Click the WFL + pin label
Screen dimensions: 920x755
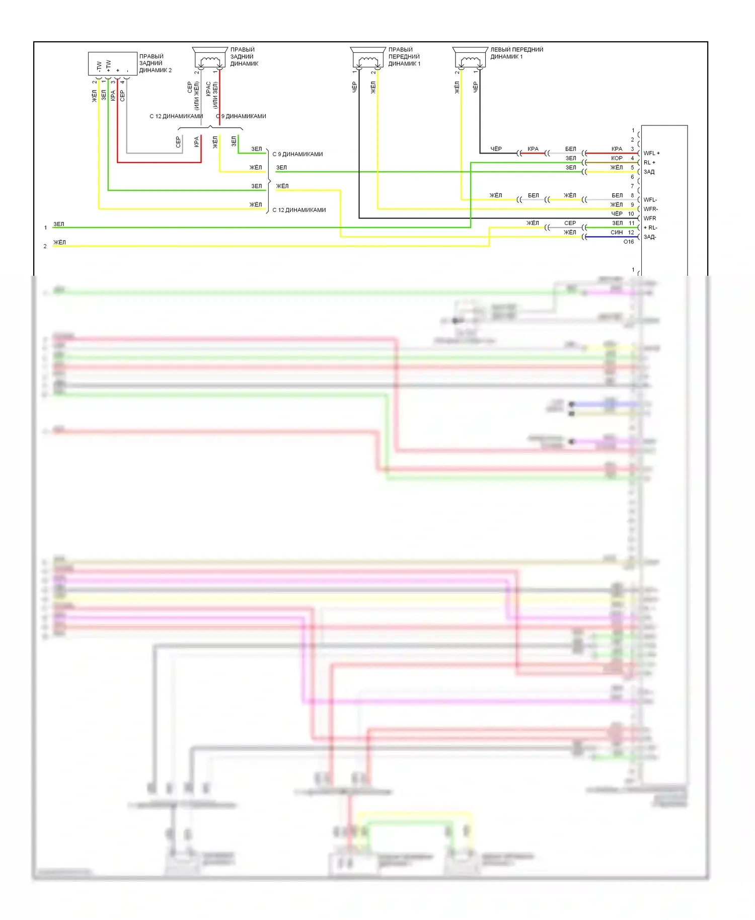coord(651,153)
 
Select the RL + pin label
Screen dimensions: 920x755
coord(649,163)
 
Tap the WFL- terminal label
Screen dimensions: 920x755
coord(650,200)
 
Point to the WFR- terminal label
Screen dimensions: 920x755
coord(651,209)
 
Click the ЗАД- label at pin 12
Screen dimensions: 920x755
coord(650,237)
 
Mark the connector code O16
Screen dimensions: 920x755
coord(629,242)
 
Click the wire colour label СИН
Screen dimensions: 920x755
coord(617,233)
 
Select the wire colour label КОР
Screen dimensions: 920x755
coord(617,158)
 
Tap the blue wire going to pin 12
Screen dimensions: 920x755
coord(612,237)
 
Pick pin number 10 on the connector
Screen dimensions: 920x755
coord(631,214)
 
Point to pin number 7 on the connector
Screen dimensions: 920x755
coord(633,186)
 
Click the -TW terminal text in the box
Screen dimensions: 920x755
coord(99,67)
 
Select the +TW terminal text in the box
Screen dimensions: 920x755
coord(108,66)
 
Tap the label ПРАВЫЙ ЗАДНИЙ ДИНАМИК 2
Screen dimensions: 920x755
coord(156,63)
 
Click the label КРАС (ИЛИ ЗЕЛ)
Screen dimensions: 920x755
coord(211,95)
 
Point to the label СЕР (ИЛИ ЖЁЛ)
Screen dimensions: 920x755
coord(193,95)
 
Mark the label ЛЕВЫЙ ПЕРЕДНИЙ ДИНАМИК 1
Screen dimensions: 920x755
coord(516,53)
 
